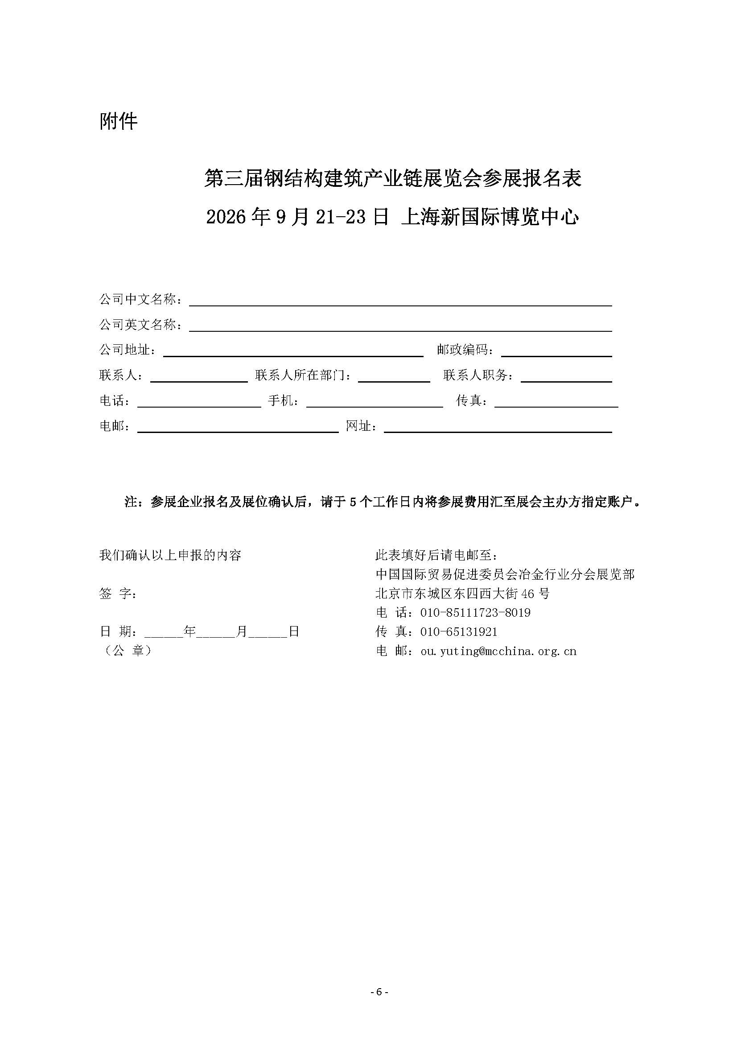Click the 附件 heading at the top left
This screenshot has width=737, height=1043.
pos(118,121)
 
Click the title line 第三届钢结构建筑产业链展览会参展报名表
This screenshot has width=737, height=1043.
pos(392,178)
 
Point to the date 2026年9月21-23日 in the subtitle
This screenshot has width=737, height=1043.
pos(297,217)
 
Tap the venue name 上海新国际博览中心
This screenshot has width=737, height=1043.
pos(490,217)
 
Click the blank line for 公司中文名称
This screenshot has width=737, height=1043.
pos(400,301)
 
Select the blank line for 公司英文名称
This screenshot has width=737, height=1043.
pos(400,326)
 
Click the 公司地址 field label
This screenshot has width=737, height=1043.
pos(128,350)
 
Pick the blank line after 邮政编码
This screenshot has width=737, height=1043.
pos(556,351)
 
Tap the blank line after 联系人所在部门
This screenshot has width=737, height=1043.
pos(394,377)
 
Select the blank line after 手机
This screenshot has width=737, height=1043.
pos(375,402)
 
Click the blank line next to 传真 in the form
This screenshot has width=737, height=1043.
pos(556,402)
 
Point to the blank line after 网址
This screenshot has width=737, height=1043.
pos(498,428)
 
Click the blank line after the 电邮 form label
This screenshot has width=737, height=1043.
pos(238,428)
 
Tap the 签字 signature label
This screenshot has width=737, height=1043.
pos(118,594)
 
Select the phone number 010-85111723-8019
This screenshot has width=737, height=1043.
pos(475,613)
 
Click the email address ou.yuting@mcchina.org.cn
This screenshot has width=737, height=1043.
pos(498,651)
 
